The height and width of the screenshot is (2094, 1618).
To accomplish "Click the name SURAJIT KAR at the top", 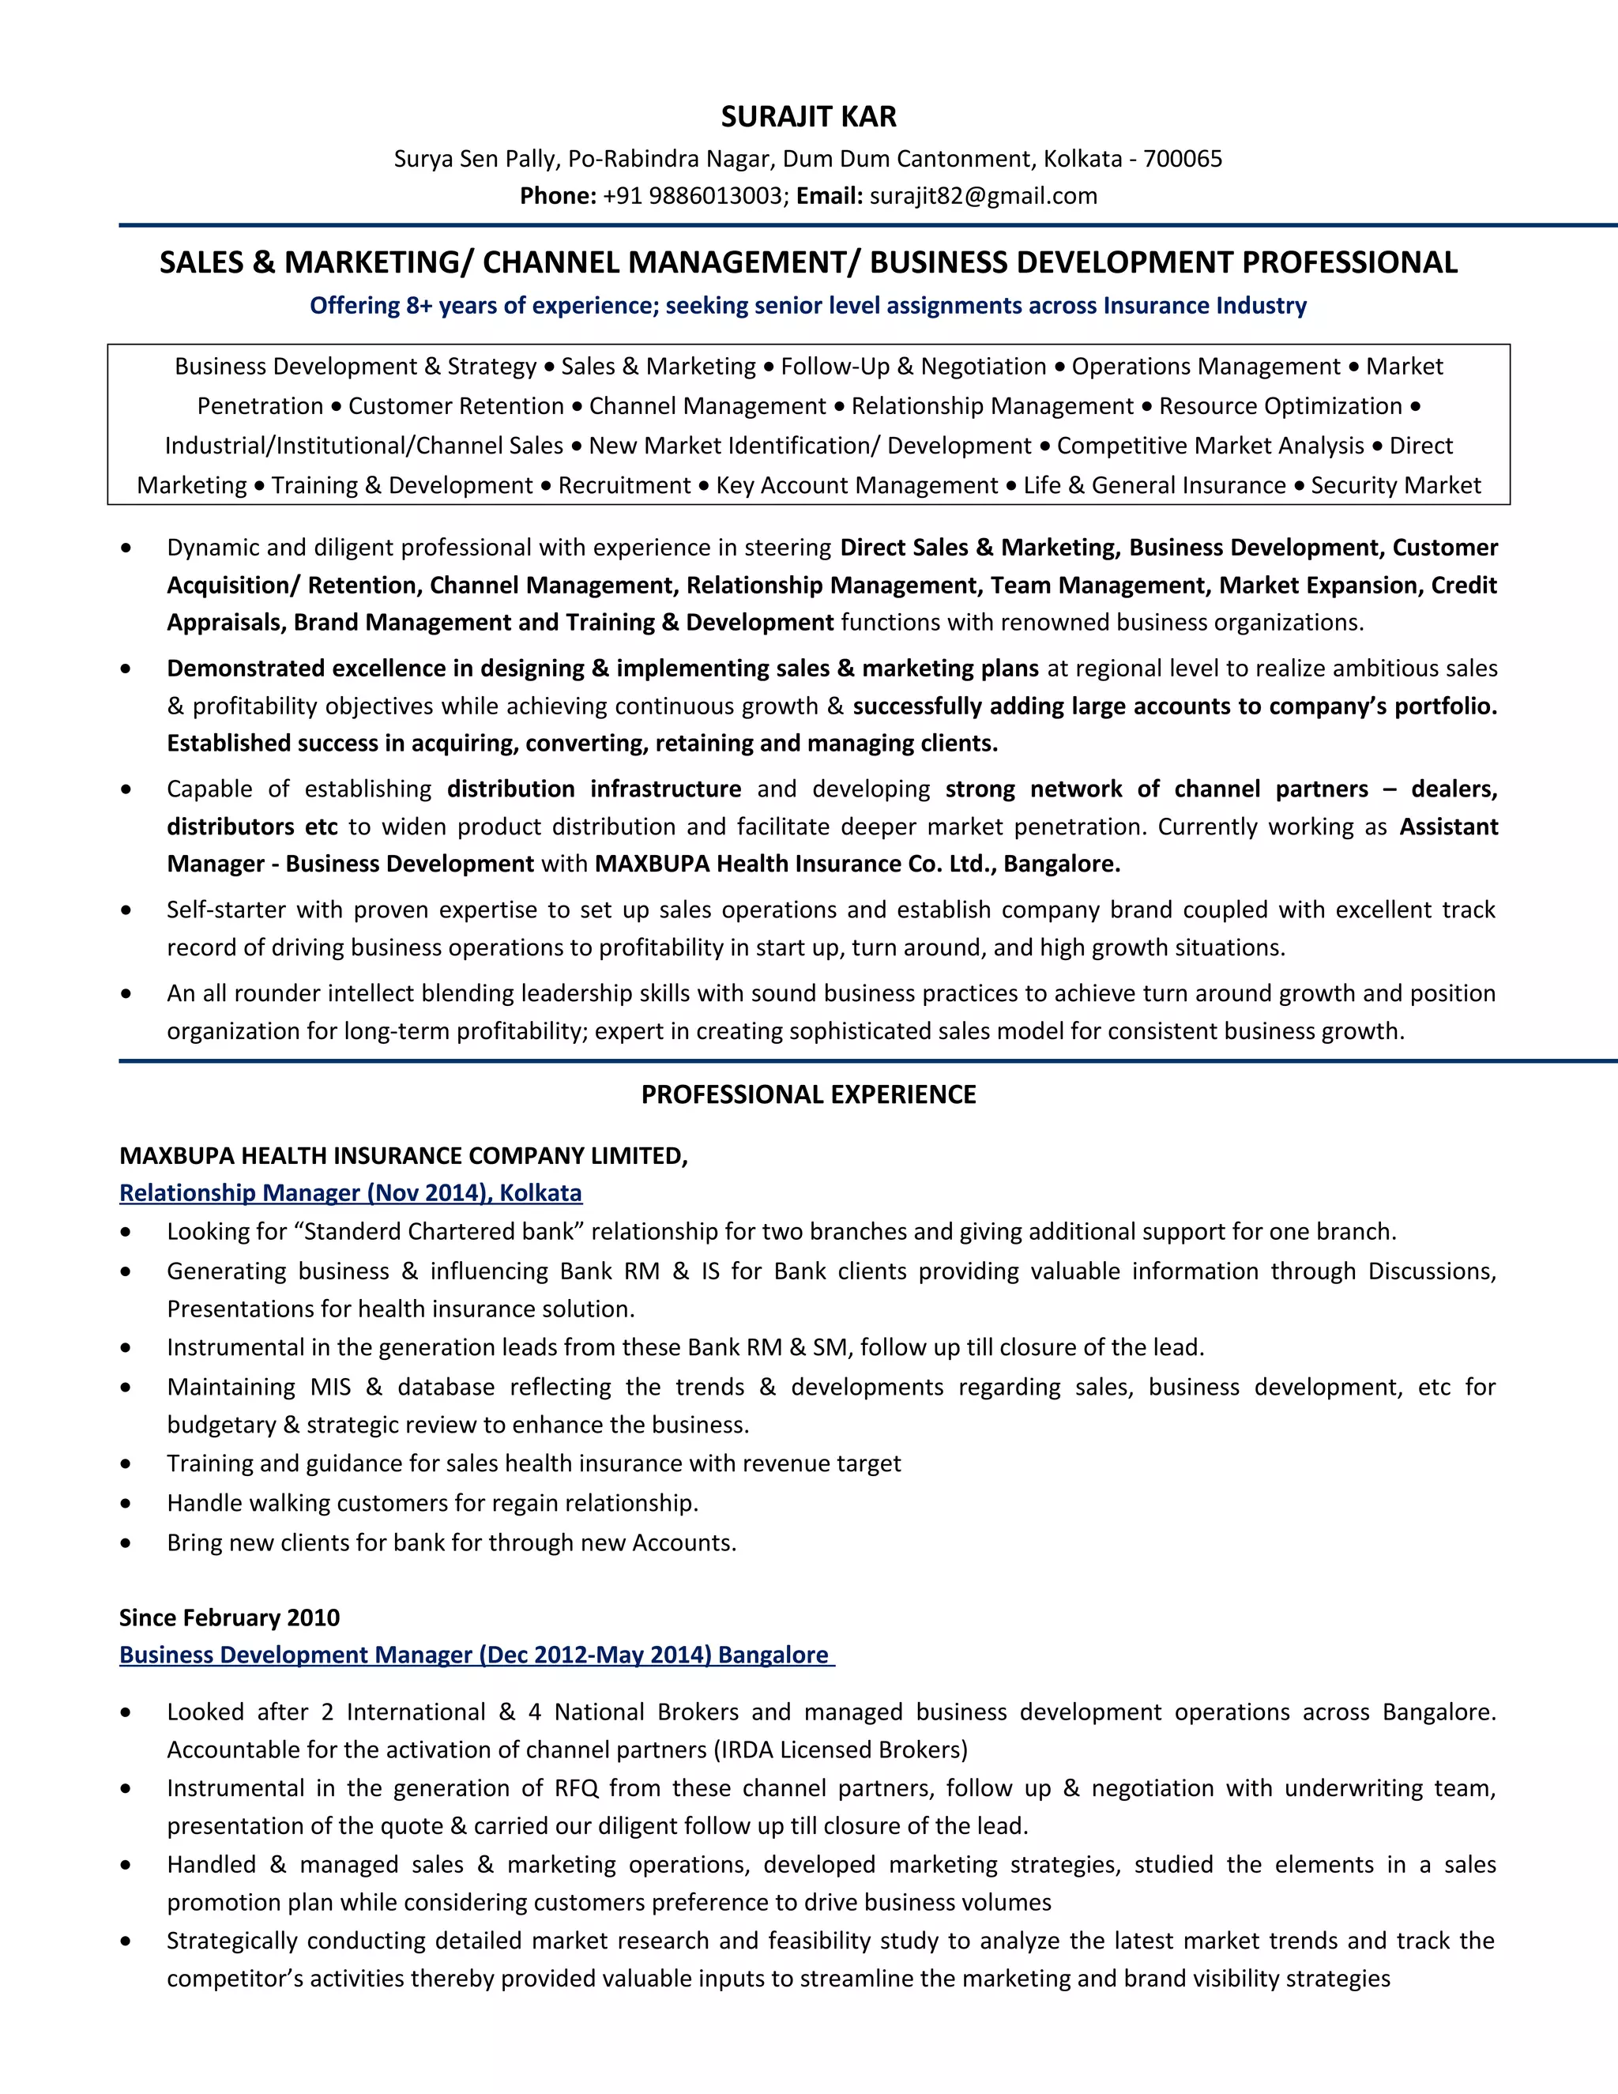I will [808, 117].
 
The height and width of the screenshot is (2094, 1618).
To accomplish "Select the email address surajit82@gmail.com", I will [983, 196].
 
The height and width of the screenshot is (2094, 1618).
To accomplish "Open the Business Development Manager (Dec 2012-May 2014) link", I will [476, 1654].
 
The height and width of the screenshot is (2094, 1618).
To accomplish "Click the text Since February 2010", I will [229, 1618].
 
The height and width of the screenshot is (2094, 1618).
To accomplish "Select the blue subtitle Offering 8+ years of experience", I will [808, 305].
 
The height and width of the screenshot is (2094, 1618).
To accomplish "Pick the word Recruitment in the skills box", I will [624, 485].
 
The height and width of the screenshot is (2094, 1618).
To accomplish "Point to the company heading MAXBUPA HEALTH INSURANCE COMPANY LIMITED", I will [403, 1155].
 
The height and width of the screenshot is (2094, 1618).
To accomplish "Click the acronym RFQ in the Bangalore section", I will [576, 1788].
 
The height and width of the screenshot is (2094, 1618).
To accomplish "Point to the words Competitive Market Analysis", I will [1210, 446].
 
